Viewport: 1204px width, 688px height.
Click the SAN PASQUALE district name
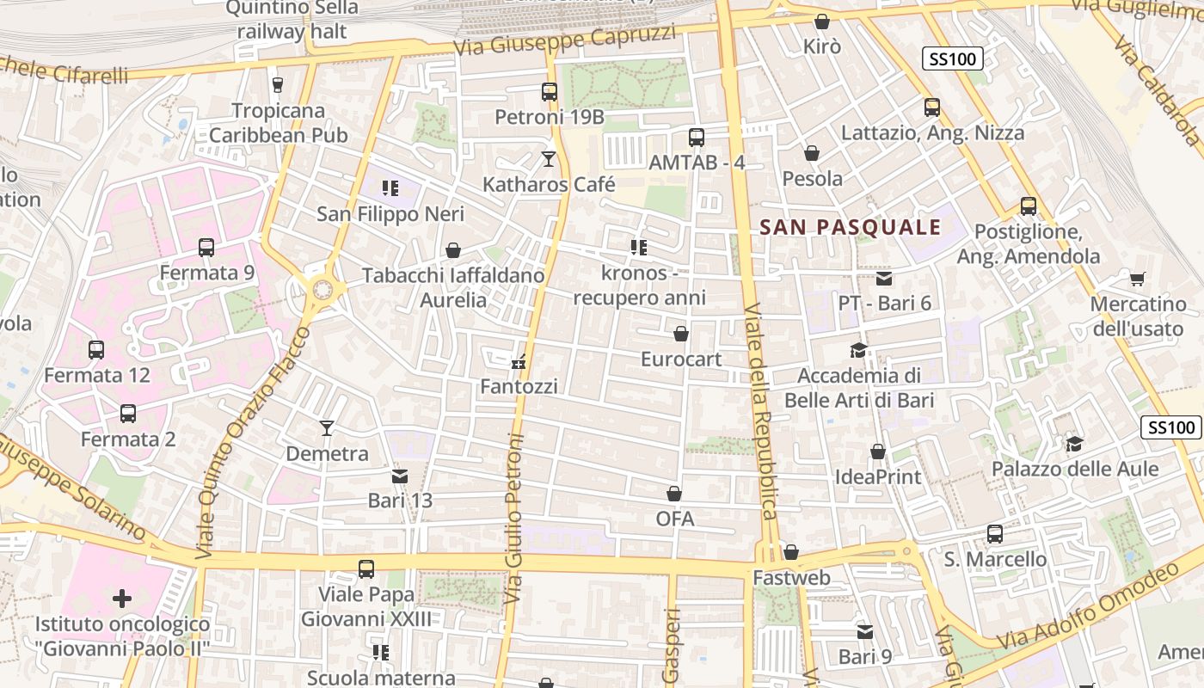coord(851,228)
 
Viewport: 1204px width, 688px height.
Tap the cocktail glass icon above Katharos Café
coord(549,159)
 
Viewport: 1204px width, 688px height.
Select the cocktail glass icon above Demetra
coord(327,427)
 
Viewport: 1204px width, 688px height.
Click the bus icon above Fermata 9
coord(206,248)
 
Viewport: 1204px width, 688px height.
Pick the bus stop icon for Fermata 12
coord(96,350)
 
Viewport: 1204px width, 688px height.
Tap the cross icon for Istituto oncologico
coord(122,598)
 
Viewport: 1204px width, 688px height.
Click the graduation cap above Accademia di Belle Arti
coord(858,350)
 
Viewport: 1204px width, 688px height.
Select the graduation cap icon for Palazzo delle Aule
coord(1074,444)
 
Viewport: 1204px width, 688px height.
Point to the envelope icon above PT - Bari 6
coord(884,278)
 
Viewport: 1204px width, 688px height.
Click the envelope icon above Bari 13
coord(400,476)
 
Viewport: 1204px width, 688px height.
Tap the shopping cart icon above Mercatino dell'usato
coord(1138,279)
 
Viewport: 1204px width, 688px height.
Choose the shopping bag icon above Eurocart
coord(681,334)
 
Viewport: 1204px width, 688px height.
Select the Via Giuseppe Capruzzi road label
coord(565,40)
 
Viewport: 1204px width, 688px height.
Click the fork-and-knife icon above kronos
coord(638,248)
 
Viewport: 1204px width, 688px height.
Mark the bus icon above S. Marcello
coord(995,534)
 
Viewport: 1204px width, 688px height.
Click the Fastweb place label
coord(791,578)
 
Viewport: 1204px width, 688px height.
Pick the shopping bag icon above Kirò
coord(822,21)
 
